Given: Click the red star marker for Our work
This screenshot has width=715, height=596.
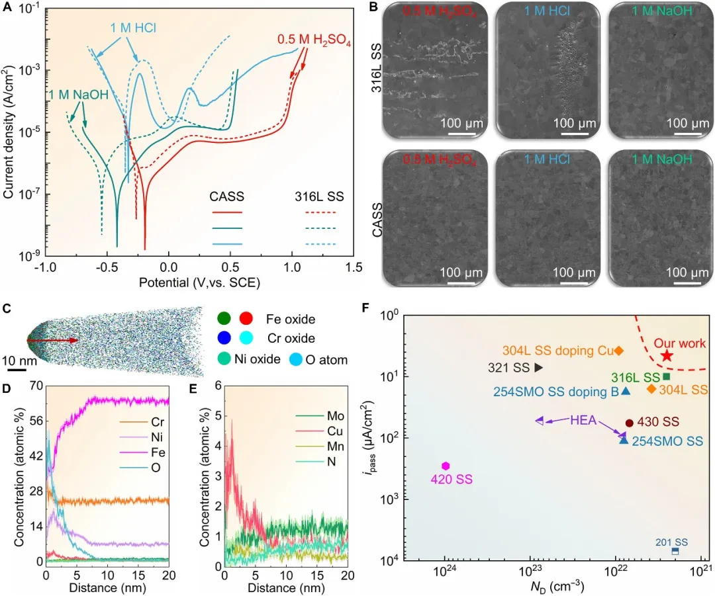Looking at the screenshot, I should [x=667, y=355].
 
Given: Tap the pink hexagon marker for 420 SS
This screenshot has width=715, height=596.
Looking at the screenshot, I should [x=446, y=466].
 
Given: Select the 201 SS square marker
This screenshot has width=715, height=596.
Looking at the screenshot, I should [x=675, y=551].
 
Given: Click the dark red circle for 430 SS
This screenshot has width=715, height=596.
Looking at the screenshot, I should [x=630, y=423].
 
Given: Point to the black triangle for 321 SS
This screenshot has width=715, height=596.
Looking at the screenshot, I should [x=538, y=367].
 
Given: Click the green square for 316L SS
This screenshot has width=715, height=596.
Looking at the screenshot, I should [x=667, y=376].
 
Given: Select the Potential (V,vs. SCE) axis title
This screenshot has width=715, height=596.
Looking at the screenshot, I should [x=199, y=282].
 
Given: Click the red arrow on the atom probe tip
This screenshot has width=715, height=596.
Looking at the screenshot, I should [x=53, y=341].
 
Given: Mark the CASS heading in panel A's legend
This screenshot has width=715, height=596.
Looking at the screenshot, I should [x=227, y=196].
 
